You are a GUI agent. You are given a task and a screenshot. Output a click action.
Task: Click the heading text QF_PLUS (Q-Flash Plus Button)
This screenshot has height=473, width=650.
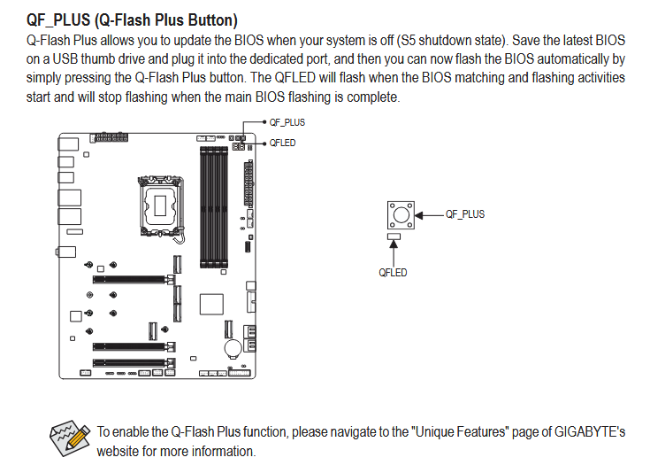click(132, 20)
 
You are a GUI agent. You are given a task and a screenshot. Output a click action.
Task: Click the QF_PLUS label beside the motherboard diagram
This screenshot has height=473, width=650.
click(287, 122)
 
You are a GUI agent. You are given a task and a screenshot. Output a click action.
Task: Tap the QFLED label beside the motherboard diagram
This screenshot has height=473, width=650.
click(282, 143)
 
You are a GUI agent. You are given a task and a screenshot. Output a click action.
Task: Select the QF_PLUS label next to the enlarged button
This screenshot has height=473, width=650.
click(465, 214)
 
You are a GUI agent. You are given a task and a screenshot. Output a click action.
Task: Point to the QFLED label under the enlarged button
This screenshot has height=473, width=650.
click(393, 273)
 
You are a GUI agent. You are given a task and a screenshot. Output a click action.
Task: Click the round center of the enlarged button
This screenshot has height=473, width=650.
click(401, 215)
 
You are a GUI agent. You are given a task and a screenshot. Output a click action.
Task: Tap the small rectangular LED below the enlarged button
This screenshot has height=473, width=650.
click(394, 237)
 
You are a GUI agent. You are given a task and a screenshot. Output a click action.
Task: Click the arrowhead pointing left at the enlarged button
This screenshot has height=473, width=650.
click(418, 215)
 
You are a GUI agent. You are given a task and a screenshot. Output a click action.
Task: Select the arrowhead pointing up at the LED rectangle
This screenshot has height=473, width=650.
click(394, 244)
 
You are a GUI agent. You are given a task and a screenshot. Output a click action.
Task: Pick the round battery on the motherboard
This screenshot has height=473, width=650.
click(233, 348)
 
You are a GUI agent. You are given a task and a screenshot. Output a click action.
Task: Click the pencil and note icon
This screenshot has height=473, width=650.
click(69, 438)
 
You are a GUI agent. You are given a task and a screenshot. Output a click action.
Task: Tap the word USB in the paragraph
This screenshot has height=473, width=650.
click(65, 59)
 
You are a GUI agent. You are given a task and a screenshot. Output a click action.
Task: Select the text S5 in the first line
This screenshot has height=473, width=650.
click(408, 40)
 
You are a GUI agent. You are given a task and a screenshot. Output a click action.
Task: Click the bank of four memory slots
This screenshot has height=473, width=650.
click(214, 207)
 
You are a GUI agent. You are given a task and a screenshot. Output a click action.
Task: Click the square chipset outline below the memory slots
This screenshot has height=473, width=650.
click(211, 305)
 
